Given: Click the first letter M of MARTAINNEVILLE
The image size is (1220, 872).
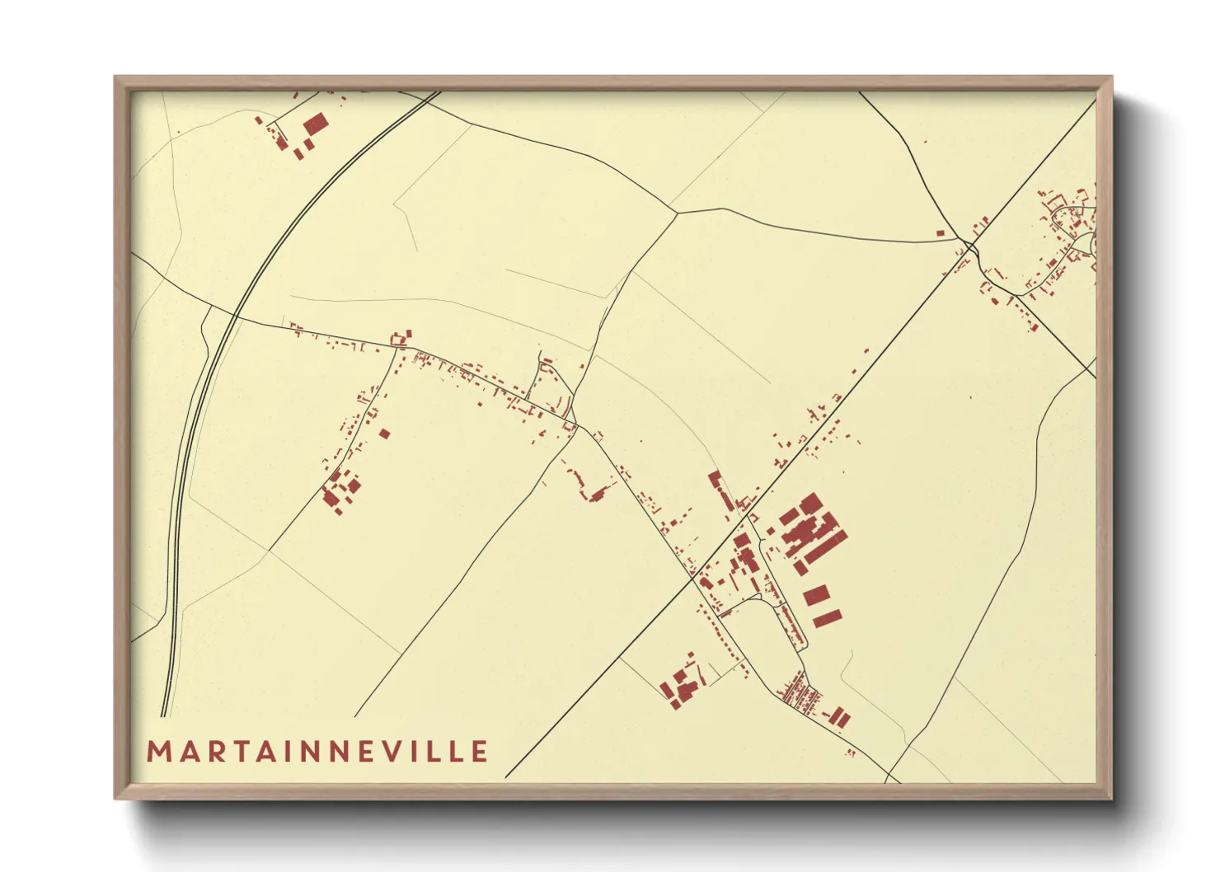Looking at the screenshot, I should click(158, 752).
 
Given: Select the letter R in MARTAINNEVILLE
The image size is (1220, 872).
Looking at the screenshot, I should click(212, 752).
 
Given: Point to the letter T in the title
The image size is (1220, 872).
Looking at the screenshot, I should click(235, 752).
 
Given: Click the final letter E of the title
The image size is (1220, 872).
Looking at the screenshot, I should click(479, 752).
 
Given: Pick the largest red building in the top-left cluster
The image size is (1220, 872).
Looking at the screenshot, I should click(316, 125).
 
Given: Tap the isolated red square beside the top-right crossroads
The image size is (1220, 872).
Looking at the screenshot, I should click(940, 233).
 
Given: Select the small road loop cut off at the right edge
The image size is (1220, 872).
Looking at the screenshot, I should click(1090, 242).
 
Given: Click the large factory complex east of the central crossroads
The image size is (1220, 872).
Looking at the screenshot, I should click(812, 532).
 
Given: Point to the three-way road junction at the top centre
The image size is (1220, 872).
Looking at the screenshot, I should click(678, 213).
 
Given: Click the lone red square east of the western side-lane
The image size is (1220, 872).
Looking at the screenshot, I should click(384, 433).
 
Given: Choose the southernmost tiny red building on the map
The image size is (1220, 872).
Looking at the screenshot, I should click(851, 752).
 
